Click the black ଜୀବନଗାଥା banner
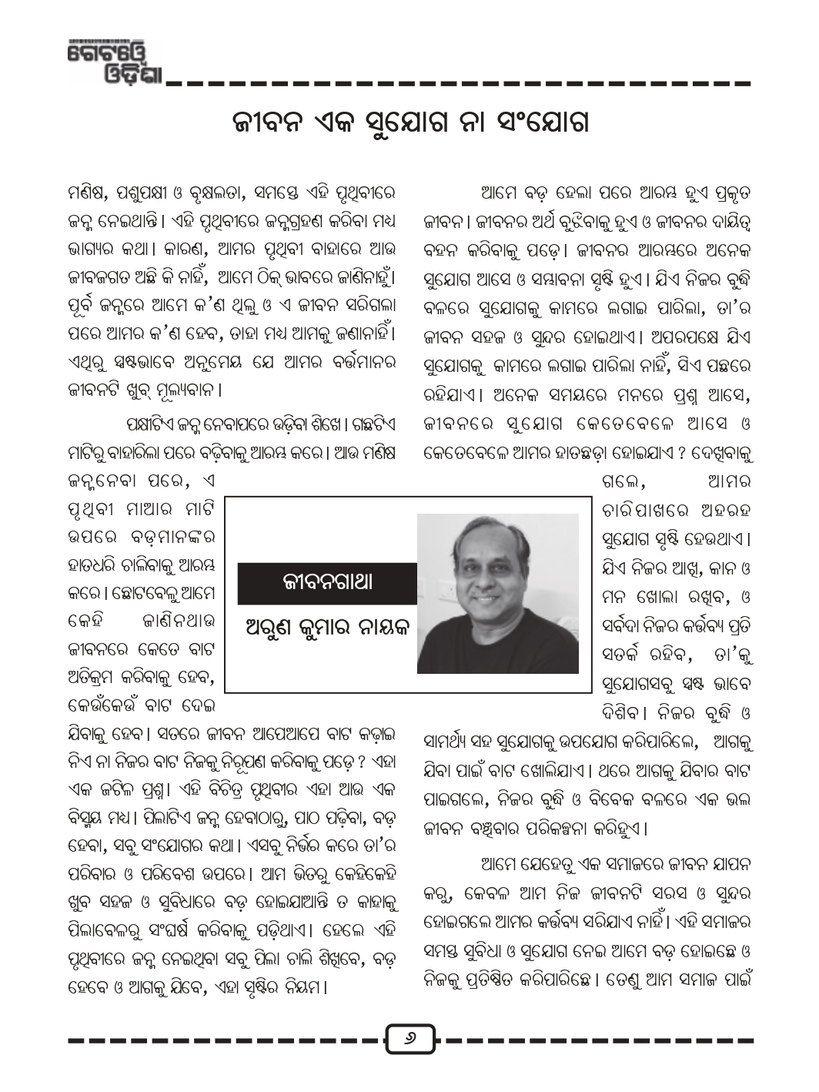(327, 583)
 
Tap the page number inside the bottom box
(409, 1040)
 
